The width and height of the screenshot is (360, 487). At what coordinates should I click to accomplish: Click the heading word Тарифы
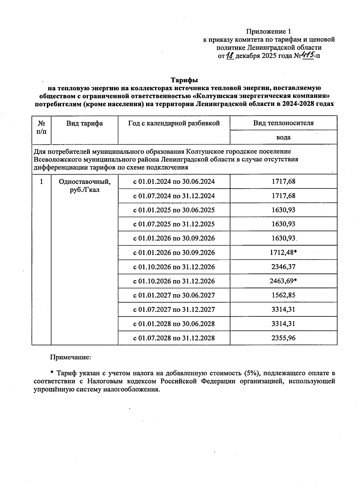[x=184, y=80]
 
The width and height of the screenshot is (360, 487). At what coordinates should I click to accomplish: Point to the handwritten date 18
[x=230, y=55]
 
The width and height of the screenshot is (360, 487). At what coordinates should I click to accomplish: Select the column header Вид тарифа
[x=85, y=123]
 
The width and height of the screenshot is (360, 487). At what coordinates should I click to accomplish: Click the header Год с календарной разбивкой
[x=174, y=123]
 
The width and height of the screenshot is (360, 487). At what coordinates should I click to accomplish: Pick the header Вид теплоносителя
[x=283, y=123]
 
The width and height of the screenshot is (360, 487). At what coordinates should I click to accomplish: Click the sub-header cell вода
[x=283, y=137]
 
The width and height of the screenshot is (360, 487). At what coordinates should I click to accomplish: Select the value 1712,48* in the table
[x=283, y=252]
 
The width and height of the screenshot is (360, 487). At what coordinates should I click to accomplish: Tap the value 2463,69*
[x=283, y=281]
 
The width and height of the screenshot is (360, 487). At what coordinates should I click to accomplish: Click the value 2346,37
[x=283, y=267]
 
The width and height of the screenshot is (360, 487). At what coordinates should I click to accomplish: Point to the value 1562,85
[x=283, y=295]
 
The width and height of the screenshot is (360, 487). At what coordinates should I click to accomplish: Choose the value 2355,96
[x=283, y=338]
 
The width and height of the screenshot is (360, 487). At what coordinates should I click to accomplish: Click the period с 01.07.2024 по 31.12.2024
[x=174, y=196]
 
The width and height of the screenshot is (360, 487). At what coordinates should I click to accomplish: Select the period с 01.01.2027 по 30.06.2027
[x=174, y=295]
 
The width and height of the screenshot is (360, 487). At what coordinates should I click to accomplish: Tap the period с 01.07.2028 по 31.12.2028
[x=174, y=338]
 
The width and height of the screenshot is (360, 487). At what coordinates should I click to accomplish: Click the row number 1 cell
[x=41, y=182]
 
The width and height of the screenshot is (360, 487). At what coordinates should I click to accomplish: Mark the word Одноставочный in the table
[x=84, y=182]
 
